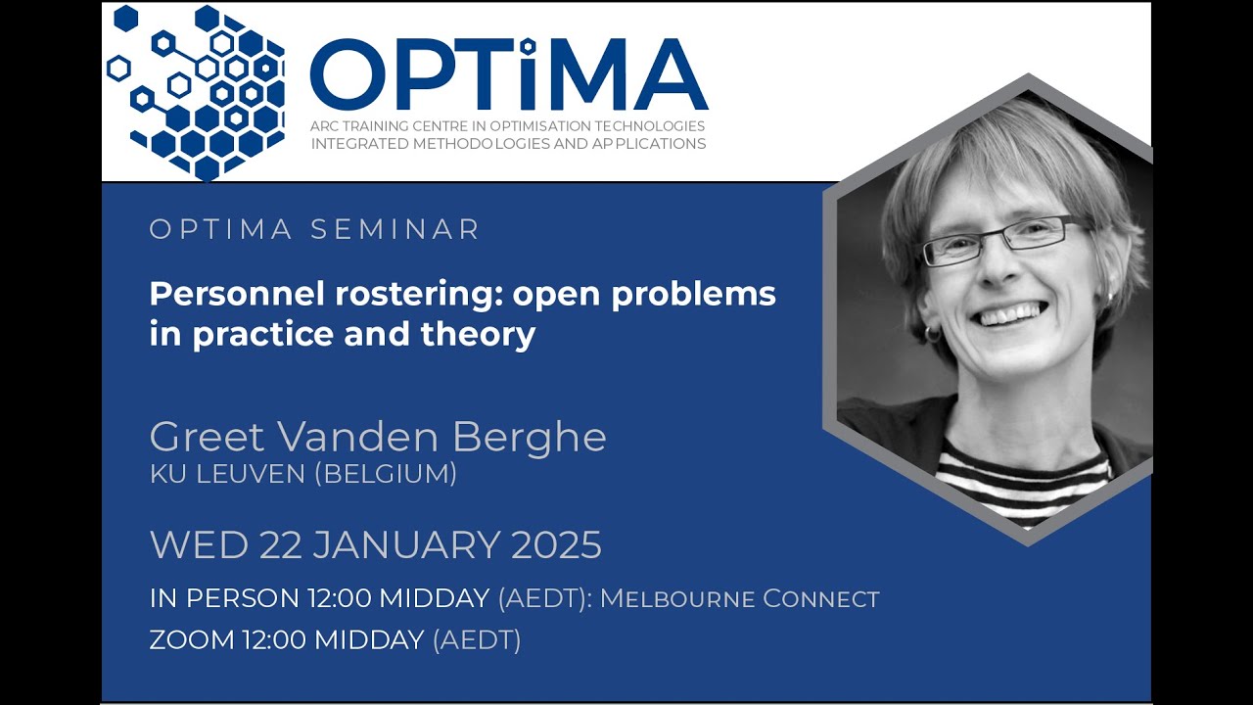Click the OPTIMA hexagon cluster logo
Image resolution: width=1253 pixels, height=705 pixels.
[x=201, y=93]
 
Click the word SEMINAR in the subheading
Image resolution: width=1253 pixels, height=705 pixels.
[x=395, y=230]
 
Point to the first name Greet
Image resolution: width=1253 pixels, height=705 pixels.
[x=207, y=438]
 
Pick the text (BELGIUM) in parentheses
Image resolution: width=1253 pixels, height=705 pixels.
[x=386, y=474]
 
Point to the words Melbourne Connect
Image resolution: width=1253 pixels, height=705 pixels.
[x=740, y=598]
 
